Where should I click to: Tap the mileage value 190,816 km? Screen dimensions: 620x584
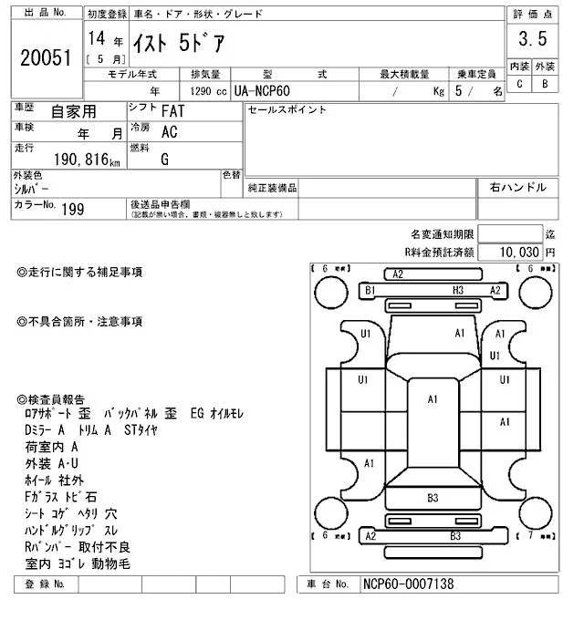[87, 160]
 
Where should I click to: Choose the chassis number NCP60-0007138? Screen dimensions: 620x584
[408, 584]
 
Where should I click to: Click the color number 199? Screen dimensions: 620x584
[72, 209]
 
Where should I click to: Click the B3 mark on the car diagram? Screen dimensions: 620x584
[433, 498]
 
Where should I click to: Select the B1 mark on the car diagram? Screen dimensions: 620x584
[370, 290]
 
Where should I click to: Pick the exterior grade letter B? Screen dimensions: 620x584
[546, 84]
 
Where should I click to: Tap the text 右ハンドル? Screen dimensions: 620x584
[518, 188]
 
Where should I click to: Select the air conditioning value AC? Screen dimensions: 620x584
[169, 132]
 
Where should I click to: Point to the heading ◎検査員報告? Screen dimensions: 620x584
[51, 399]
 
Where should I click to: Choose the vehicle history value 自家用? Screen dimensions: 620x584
[72, 112]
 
